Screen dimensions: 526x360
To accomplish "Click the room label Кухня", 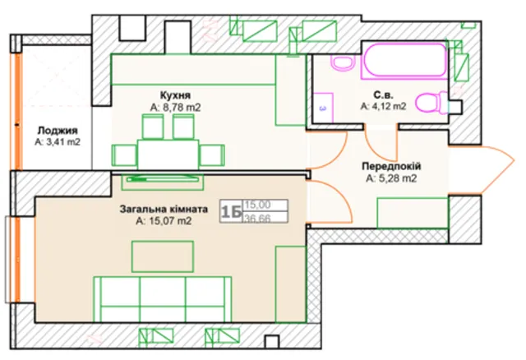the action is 175,95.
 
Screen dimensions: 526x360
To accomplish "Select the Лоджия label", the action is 58,131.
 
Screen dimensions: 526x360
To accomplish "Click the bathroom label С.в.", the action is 383,95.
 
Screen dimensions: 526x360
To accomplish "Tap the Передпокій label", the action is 391,166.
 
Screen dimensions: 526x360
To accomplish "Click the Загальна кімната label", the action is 164,210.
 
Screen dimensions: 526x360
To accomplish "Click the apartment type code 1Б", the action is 232,211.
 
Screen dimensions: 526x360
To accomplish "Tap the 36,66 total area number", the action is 257,219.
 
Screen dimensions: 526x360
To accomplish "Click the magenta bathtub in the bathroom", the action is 404,60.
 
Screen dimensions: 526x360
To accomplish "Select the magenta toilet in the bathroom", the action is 431,102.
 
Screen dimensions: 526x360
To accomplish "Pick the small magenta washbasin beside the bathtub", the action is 342,62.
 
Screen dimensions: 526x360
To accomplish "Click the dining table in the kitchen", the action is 168,155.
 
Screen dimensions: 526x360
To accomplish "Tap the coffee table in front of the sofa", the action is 163,256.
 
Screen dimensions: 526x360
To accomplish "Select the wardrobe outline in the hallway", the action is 413,213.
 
